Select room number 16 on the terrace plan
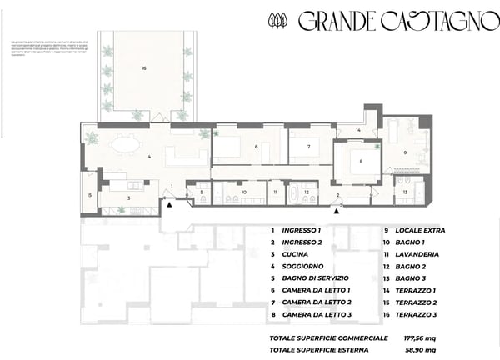pos(143,67)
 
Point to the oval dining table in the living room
pos(127,145)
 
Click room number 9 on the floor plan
pos(406,152)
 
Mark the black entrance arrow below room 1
pos(169,203)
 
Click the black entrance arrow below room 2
pos(335,210)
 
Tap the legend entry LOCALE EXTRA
pos(420,230)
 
